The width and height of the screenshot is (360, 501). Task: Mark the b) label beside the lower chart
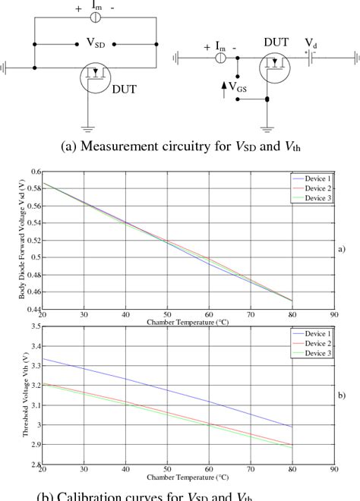343,395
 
